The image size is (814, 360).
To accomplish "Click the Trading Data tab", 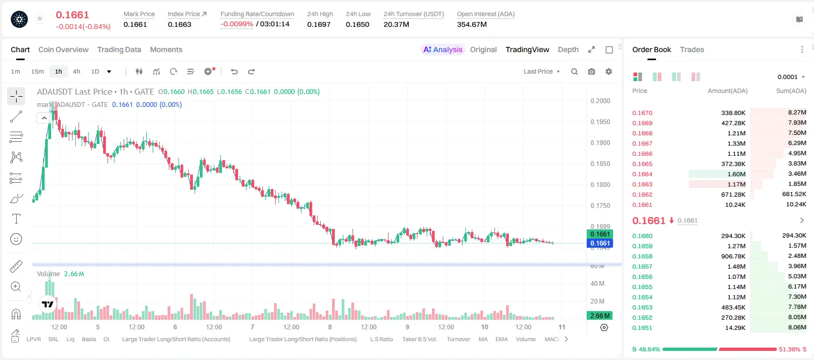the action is coord(119,49).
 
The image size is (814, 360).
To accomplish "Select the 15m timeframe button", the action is coord(37,71).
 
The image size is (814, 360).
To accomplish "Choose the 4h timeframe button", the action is coord(76,71).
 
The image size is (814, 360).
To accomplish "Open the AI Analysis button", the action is coord(443,49).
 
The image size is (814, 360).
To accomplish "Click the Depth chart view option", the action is coord(568,49).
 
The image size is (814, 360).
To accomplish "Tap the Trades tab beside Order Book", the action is coord(692,49).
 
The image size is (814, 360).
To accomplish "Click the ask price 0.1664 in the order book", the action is coord(642,174).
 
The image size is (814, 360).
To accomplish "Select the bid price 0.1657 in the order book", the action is coord(642,267).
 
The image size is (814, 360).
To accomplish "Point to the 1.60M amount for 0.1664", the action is coord(736,174).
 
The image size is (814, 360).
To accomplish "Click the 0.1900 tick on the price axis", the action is coord(600,143).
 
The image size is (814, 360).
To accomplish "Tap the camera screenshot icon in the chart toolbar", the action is coord(592,71).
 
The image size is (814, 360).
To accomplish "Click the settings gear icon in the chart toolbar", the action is coord(609,71).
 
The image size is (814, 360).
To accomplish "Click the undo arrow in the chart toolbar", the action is coord(234,71).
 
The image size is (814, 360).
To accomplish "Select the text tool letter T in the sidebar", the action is coord(16,219).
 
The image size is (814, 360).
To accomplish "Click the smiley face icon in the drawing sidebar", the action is coord(16,239).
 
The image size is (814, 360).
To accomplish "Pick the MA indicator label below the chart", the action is coord(483,339).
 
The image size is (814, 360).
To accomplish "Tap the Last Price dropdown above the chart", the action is coord(542,71).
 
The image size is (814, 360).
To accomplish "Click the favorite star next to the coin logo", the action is coord(40,18).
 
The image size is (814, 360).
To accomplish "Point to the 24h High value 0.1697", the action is coord(319,24).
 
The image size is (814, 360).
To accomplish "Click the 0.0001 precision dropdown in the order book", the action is coord(791,77).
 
